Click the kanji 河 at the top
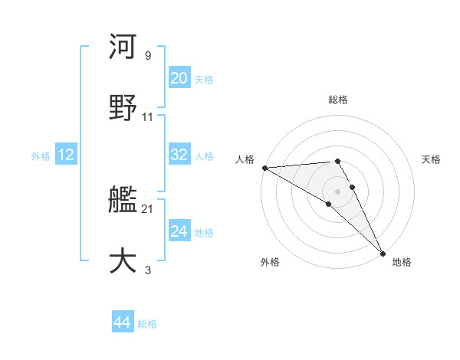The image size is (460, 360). click(123, 47)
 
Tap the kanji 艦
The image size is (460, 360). click(123, 201)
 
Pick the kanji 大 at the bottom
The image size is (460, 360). click(123, 260)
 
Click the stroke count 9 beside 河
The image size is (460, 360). click(147, 56)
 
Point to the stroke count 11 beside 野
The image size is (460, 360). click(148, 117)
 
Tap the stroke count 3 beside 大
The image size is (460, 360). click(147, 270)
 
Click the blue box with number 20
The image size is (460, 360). click(179, 78)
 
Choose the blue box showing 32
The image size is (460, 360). click(179, 155)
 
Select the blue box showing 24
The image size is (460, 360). click(179, 231)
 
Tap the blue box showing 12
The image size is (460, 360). click(65, 155)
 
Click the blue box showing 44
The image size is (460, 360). click(123, 322)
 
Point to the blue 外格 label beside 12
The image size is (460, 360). click(41, 155)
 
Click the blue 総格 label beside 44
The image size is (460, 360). click(147, 324)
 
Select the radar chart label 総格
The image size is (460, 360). click(338, 100)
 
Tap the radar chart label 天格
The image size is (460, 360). click(432, 159)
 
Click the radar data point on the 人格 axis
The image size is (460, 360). click(264, 168)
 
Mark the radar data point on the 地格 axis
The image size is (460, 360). click(383, 254)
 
